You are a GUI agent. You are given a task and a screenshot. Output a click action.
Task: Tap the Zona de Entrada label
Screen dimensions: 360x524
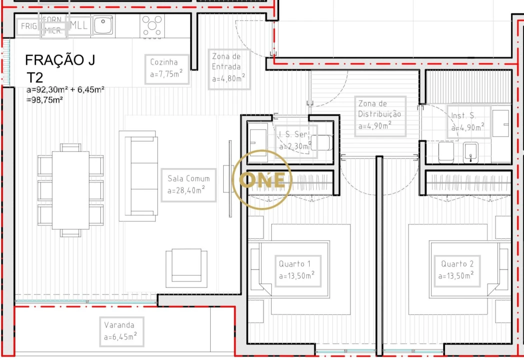point(228,69)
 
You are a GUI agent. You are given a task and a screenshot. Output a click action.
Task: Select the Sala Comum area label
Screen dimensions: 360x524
point(188,184)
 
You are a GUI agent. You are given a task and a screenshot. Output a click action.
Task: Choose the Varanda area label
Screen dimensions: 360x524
point(121,331)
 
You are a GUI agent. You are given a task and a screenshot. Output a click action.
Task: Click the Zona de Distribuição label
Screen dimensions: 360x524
point(380,115)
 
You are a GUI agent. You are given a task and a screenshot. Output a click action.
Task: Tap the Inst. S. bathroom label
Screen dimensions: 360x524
point(468,121)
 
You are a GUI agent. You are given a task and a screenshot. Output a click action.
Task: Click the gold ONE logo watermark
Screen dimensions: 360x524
point(263,179)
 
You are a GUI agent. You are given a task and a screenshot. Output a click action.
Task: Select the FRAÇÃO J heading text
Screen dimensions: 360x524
point(60,60)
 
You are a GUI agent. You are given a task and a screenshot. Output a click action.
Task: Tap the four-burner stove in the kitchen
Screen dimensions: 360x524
point(152,25)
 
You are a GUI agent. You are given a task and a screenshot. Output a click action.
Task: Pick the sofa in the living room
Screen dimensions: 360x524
point(138,176)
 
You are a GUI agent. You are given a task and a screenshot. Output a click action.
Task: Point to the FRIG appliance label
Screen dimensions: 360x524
point(28,26)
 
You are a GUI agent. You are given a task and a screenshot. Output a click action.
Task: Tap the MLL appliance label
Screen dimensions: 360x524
point(79,25)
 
